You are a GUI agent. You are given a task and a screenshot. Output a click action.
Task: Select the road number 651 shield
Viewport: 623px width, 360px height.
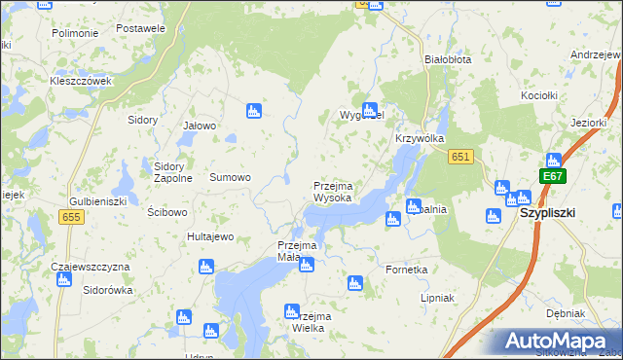pos(461,158)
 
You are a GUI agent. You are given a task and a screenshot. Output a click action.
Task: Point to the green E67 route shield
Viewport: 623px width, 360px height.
pos(553,176)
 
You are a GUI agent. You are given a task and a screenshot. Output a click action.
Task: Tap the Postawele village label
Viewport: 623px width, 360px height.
pos(140,28)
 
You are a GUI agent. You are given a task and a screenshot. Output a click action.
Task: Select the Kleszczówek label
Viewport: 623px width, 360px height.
pos(82,81)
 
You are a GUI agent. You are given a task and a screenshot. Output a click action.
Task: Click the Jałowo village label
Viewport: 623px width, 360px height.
pos(199,126)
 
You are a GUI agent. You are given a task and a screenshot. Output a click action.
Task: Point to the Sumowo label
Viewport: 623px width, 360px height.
pos(231,178)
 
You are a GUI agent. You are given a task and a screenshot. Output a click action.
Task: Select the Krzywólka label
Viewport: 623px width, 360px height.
pos(420,139)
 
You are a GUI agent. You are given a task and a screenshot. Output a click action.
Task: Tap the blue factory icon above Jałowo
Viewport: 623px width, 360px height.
pos(253,111)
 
